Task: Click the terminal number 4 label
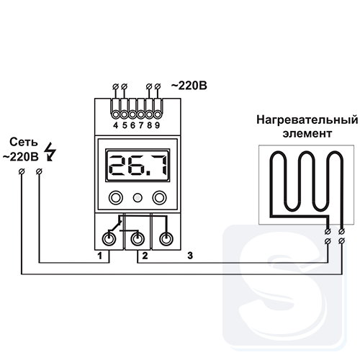(116, 125)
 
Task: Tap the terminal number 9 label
(157, 125)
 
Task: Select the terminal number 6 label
(132, 125)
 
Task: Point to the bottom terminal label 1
(100, 256)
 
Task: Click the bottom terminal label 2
(145, 256)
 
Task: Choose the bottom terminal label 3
(190, 256)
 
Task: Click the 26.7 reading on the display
(138, 166)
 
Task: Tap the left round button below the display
(116, 198)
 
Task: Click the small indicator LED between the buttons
(138, 198)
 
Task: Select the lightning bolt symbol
(51, 152)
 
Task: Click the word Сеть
(24, 143)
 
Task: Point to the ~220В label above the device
(189, 86)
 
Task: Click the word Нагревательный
(307, 120)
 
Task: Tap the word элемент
(307, 133)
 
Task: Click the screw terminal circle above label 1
(109, 239)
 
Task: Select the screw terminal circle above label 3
(166, 239)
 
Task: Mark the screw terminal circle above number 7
(140, 114)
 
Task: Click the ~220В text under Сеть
(21, 157)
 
